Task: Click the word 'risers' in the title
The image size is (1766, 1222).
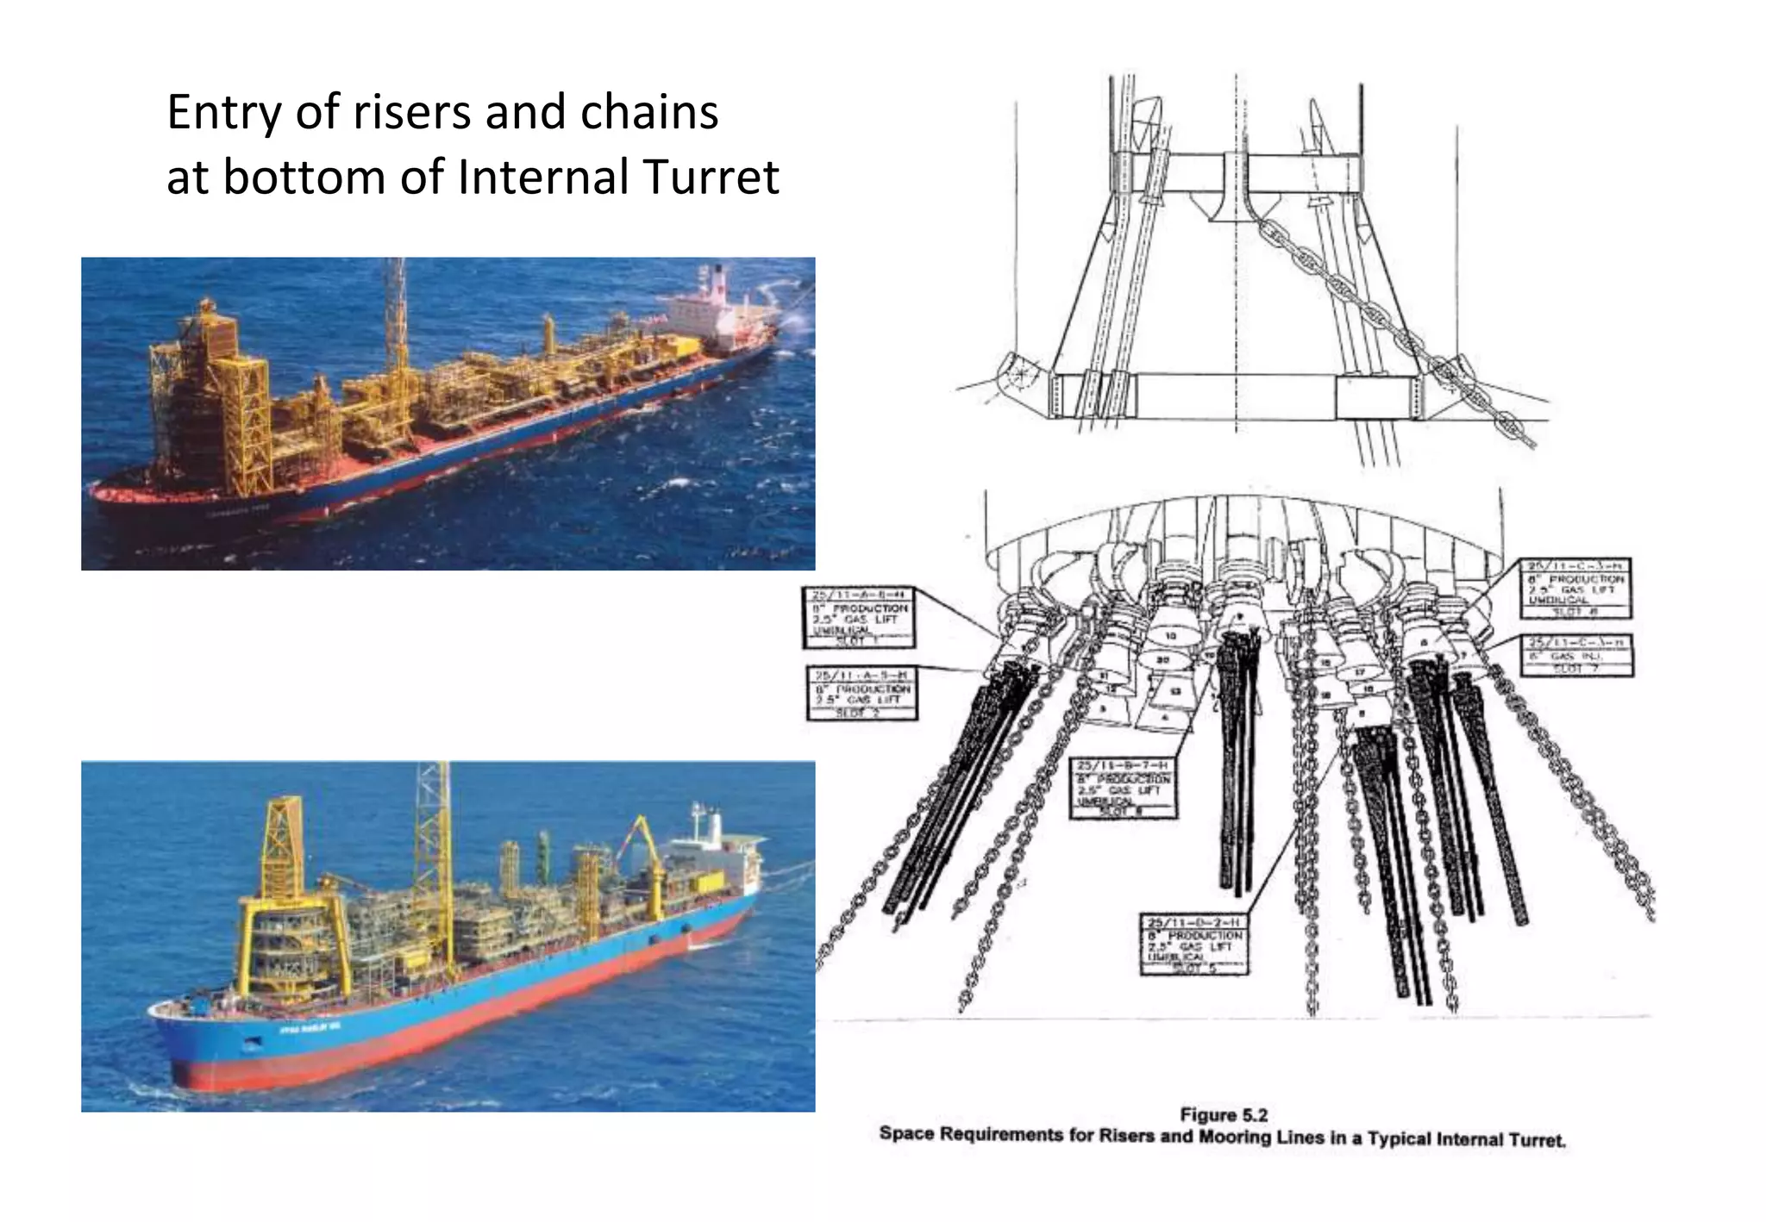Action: [x=411, y=112]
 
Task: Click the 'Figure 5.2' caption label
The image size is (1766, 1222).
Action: [x=1224, y=1114]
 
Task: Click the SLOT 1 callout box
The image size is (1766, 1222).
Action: [x=859, y=618]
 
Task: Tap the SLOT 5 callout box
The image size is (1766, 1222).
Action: [x=1194, y=944]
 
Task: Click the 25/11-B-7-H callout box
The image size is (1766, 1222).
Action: [x=1123, y=788]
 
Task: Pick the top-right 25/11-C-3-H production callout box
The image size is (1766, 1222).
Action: [x=1575, y=588]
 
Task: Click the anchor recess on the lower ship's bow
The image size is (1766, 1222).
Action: [x=251, y=1044]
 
